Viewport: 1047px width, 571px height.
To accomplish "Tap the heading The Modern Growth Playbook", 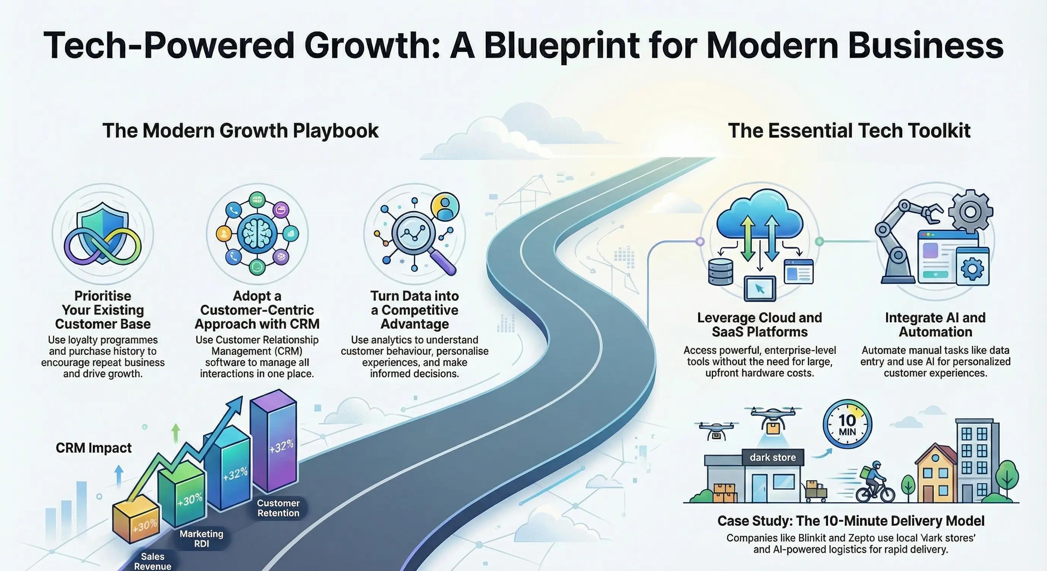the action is click(240, 131).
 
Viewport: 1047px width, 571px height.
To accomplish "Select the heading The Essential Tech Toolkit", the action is click(849, 131).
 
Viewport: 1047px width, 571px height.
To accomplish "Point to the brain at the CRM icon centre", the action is click(257, 234).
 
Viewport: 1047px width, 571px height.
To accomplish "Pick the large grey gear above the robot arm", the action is click(970, 212).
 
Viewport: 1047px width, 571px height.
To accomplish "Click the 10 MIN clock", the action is click(847, 424).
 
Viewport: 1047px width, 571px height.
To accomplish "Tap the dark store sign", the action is click(773, 458).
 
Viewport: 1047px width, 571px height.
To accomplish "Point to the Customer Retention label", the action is click(278, 508).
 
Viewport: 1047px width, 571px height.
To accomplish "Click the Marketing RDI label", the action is click(202, 539).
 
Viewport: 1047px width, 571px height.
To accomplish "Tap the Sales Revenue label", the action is click(153, 561).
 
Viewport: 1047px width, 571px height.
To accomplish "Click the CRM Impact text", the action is click(94, 448).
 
